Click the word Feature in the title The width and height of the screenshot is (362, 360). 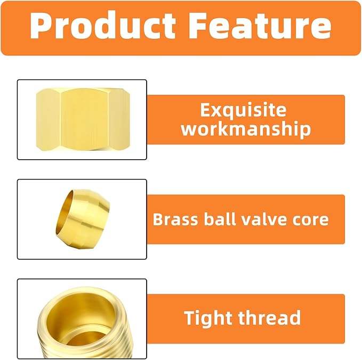click(260, 26)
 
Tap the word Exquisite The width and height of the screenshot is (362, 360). click(243, 110)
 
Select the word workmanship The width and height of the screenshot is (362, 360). click(246, 129)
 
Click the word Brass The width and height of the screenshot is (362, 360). click(175, 219)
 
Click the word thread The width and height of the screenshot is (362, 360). click(269, 318)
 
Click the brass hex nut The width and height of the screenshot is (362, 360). click(83, 119)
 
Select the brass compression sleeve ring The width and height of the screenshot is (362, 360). click(83, 219)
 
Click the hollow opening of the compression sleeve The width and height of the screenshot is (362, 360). click(66, 214)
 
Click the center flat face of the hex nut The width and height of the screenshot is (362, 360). click(85, 119)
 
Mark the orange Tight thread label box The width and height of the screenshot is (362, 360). click(246, 318)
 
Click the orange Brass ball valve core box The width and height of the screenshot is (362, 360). click(246, 219)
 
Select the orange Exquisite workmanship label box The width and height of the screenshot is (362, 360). click(246, 120)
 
